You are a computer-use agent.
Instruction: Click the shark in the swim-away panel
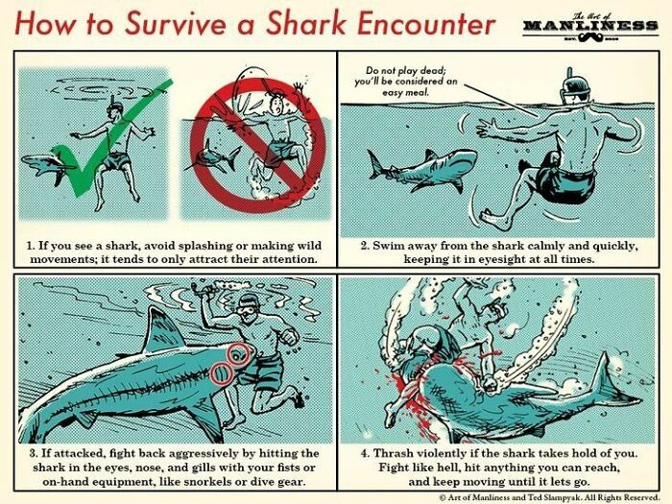(x=422, y=169)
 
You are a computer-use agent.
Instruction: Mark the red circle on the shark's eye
(x=239, y=355)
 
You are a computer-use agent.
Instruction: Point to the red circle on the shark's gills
(x=222, y=372)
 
